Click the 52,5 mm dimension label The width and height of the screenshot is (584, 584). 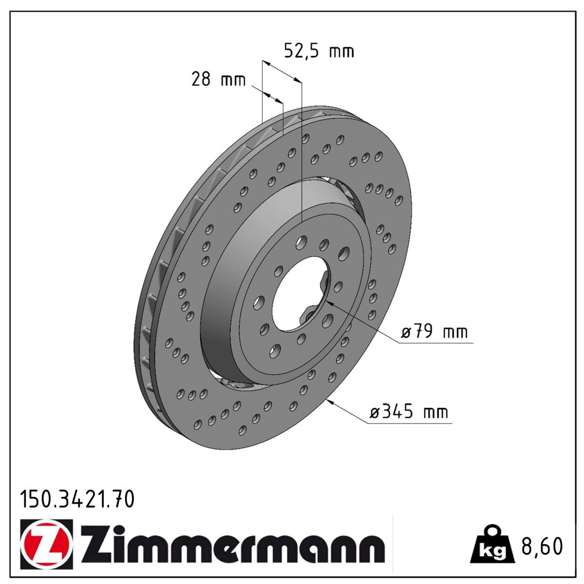coord(319,52)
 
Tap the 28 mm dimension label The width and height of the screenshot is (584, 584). coord(218,80)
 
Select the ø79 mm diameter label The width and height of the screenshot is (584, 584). coord(434,332)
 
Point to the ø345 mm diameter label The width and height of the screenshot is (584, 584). coord(409,412)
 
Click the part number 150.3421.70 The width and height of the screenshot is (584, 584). coord(77,500)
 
